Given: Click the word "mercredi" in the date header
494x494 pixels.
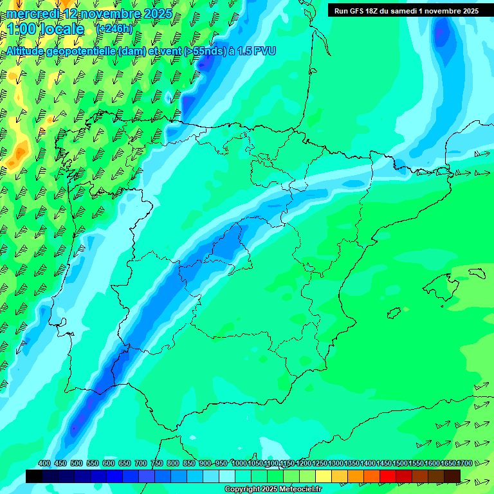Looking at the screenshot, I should (x=32, y=14).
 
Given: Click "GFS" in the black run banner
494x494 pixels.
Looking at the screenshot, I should (x=358, y=11).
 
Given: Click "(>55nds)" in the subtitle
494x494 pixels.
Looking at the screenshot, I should (x=206, y=51).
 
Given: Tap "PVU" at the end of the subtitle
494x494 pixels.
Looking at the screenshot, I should (x=265, y=51).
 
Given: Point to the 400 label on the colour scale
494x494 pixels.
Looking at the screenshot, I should (x=44, y=463).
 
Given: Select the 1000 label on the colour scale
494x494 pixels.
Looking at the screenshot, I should (x=239, y=463).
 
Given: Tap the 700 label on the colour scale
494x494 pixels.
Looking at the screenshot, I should (x=141, y=463).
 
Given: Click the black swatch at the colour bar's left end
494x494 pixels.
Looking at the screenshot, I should (x=34, y=476).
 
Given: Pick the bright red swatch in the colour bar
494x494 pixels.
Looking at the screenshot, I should (x=388, y=476).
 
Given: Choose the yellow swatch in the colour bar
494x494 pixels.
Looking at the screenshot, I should (x=324, y=476).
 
